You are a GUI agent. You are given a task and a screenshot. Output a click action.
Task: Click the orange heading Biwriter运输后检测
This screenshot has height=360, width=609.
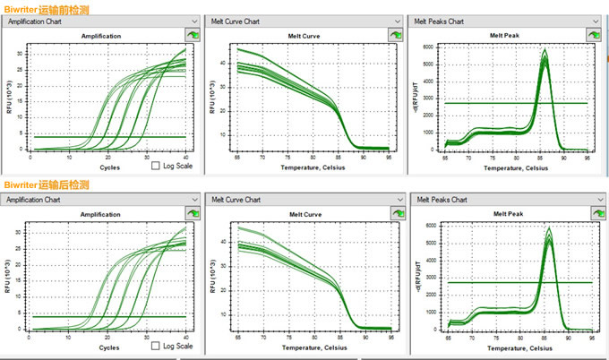tap(47, 184)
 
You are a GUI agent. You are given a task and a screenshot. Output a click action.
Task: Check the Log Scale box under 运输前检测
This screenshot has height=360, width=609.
tap(156, 166)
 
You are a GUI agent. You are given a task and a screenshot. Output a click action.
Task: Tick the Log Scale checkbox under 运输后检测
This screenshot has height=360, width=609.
tap(156, 345)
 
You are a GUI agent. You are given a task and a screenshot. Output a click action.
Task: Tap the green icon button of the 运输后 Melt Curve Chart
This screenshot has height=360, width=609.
tap(394, 214)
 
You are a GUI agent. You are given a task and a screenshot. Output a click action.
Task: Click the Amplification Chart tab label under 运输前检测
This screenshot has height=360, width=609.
tap(35, 21)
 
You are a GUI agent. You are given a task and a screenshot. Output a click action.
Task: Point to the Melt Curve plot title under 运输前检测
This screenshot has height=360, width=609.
tap(304, 36)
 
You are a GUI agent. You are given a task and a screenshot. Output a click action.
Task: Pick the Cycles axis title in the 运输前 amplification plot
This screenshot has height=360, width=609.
tap(108, 167)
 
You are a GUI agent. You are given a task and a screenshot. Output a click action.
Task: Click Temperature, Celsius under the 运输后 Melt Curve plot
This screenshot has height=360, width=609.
tap(305, 347)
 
